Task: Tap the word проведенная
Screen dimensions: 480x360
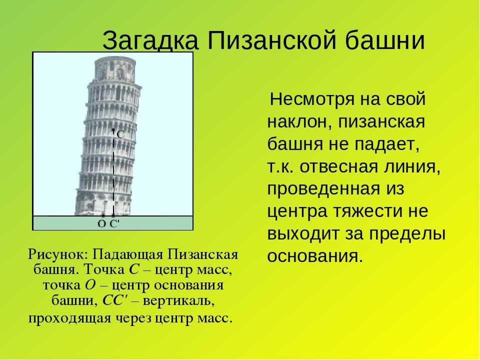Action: pos(323,189)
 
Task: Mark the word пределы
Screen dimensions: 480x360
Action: pos(407,234)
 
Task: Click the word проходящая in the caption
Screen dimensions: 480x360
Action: pos(69,318)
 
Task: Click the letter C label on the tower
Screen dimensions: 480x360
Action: pos(120,134)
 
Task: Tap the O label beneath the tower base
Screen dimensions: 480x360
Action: pos(101,224)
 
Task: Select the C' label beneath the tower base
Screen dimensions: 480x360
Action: pos(114,224)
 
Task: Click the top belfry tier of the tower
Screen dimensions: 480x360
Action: pos(115,69)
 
